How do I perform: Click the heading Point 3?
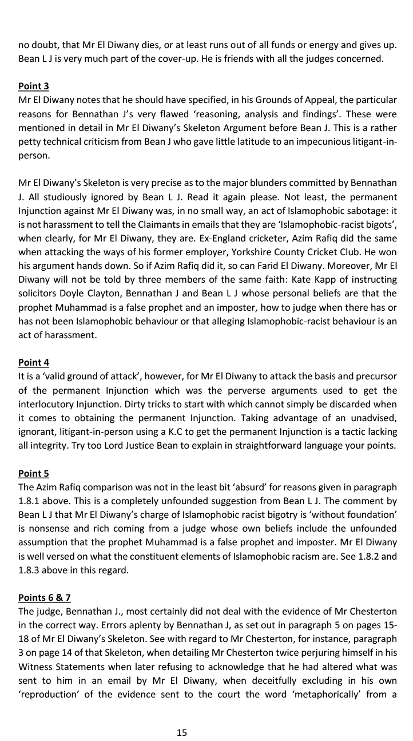(x=34, y=86)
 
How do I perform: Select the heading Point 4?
(x=34, y=362)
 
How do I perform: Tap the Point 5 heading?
(x=34, y=473)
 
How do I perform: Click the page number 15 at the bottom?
(x=182, y=732)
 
